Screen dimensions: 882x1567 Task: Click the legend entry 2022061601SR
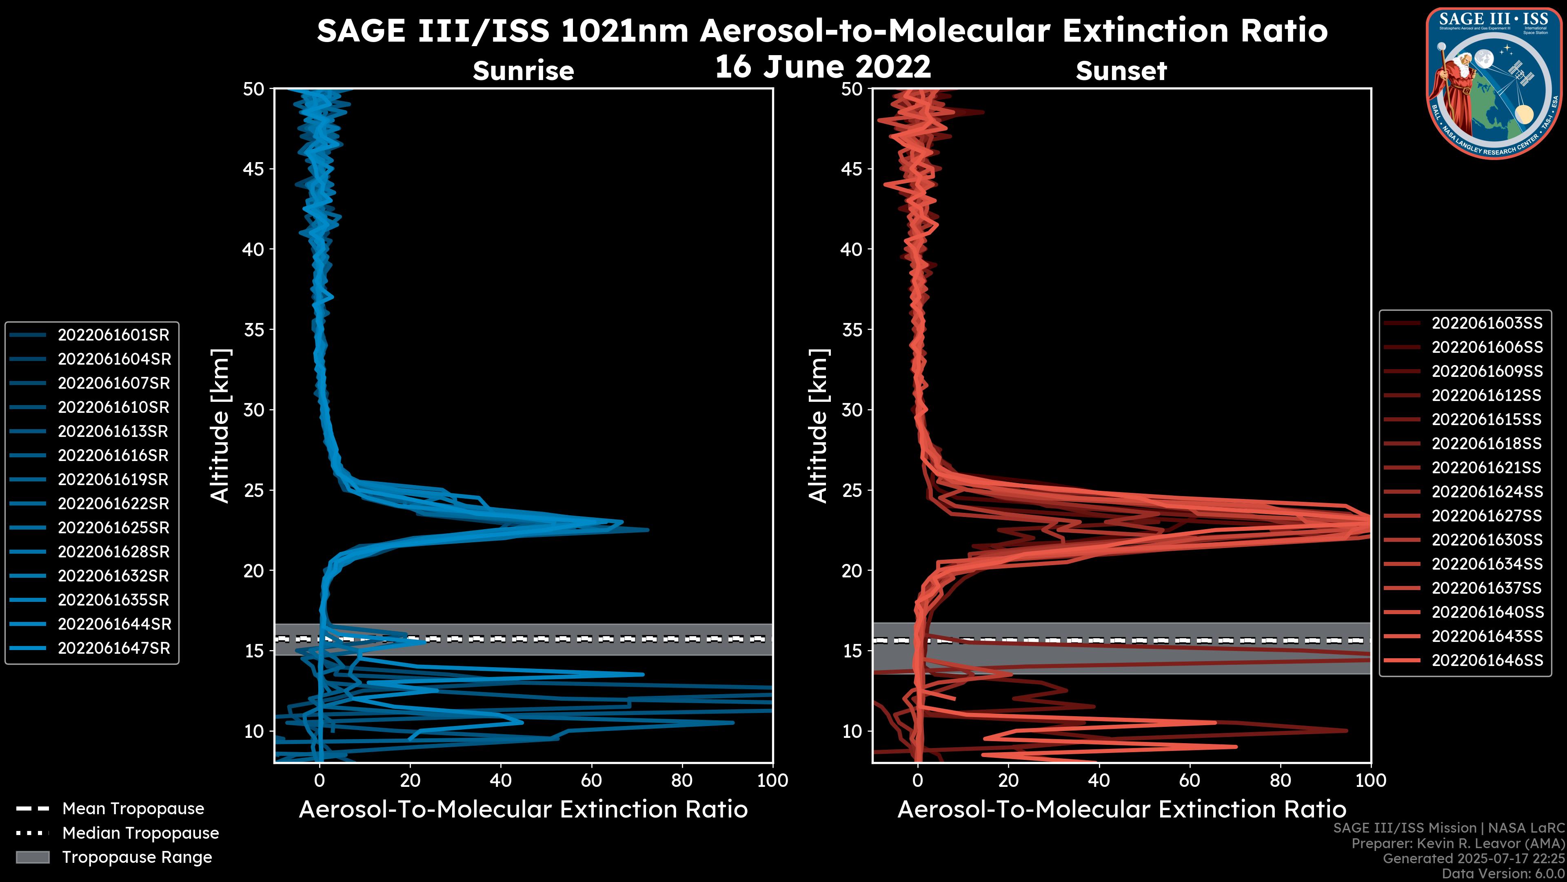pyautogui.click(x=113, y=335)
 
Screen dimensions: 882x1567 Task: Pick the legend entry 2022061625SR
pyautogui.click(x=113, y=528)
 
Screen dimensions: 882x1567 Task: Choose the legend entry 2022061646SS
pyautogui.click(x=1487, y=660)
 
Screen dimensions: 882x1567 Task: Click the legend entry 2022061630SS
pyautogui.click(x=1487, y=540)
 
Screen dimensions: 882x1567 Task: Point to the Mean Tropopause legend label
pyautogui.click(x=133, y=808)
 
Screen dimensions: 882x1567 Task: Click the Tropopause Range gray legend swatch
pyautogui.click(x=33, y=857)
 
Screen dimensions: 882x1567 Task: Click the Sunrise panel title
pyautogui.click(x=523, y=71)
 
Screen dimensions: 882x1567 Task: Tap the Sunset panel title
pyautogui.click(x=1121, y=71)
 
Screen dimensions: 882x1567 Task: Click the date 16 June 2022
pyautogui.click(x=822, y=66)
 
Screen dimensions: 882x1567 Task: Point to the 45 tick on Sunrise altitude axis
pyautogui.click(x=254, y=169)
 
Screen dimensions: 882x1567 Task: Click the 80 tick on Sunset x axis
pyautogui.click(x=1281, y=780)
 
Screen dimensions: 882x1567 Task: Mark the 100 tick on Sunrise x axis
pyautogui.click(x=772, y=780)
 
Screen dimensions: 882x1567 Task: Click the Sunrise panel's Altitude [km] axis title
pyautogui.click(x=220, y=425)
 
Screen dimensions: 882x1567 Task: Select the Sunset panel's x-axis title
pyautogui.click(x=1121, y=810)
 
